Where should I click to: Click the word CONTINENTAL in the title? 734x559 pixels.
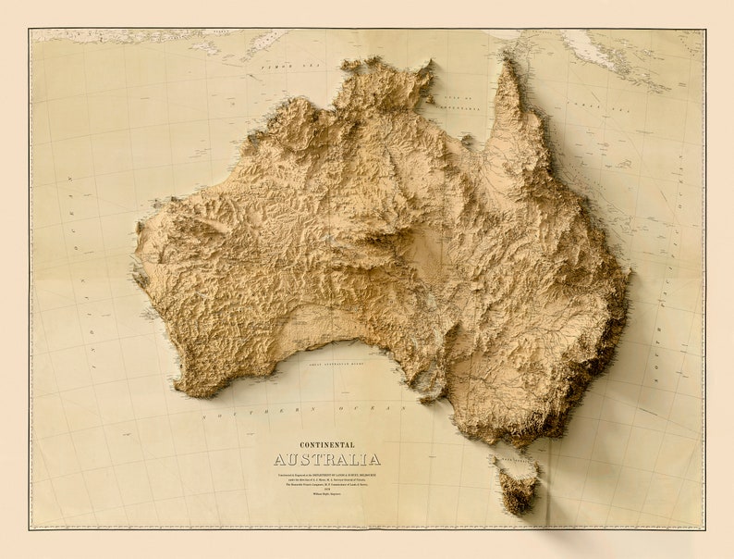[x=326, y=445]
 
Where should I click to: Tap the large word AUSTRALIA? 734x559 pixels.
[x=326, y=460]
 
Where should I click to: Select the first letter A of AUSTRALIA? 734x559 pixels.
[x=279, y=460]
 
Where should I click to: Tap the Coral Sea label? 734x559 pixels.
[x=584, y=107]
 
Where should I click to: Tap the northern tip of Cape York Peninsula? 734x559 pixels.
[x=506, y=59]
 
